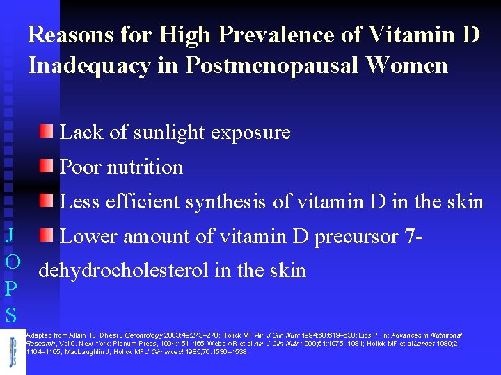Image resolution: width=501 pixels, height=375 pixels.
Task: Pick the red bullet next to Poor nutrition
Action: click(x=45, y=165)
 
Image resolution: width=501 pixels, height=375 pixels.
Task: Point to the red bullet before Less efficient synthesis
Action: click(x=45, y=200)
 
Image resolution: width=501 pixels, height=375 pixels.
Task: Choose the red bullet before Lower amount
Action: click(x=45, y=235)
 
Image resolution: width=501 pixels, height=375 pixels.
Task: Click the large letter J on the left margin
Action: click(x=10, y=234)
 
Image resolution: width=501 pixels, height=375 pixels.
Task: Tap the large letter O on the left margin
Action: click(x=11, y=262)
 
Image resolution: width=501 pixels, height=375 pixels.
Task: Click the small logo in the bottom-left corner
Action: click(x=13, y=351)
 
